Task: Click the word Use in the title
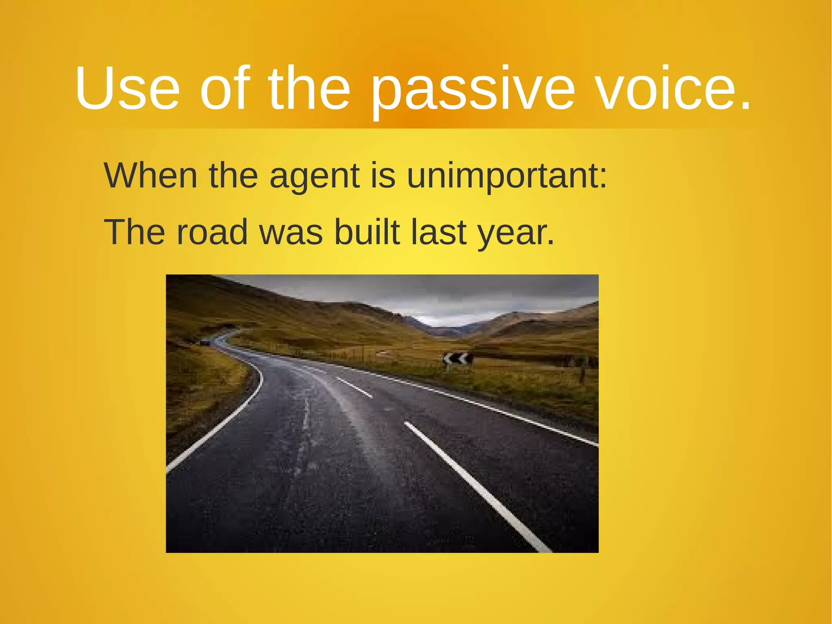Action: (127, 88)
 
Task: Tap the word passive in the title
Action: (473, 88)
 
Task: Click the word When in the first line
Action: (151, 176)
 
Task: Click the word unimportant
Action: (507, 176)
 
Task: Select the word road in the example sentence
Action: (212, 232)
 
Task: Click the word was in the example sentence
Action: (291, 233)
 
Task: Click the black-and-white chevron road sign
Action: (458, 359)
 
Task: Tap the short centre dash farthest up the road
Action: (355, 387)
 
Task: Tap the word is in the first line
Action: (383, 176)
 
